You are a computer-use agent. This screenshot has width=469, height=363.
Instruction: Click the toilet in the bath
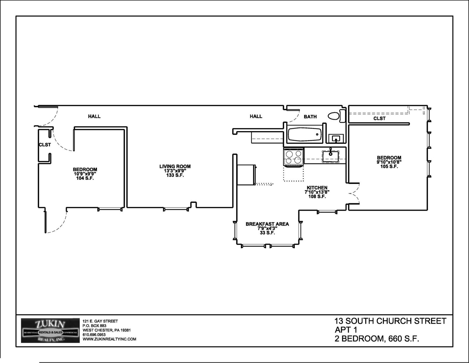click(x=337, y=116)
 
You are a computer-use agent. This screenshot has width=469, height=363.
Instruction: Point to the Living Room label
click(x=175, y=166)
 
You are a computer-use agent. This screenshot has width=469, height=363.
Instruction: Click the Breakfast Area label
click(x=267, y=224)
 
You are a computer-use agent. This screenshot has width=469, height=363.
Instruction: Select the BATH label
click(x=310, y=117)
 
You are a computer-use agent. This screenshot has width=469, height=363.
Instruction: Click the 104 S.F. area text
click(x=85, y=178)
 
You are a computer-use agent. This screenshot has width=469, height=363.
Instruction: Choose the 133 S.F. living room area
click(x=175, y=175)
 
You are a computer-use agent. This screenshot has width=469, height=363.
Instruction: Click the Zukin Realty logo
click(x=50, y=331)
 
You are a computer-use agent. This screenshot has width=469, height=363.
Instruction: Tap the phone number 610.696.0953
click(x=94, y=335)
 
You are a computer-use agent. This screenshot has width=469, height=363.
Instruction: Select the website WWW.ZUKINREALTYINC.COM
click(x=109, y=339)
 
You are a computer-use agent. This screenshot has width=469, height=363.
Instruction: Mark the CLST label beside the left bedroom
click(x=45, y=145)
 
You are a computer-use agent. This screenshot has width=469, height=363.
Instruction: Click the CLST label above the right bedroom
click(x=379, y=118)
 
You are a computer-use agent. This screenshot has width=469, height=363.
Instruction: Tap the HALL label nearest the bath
click(x=256, y=117)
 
